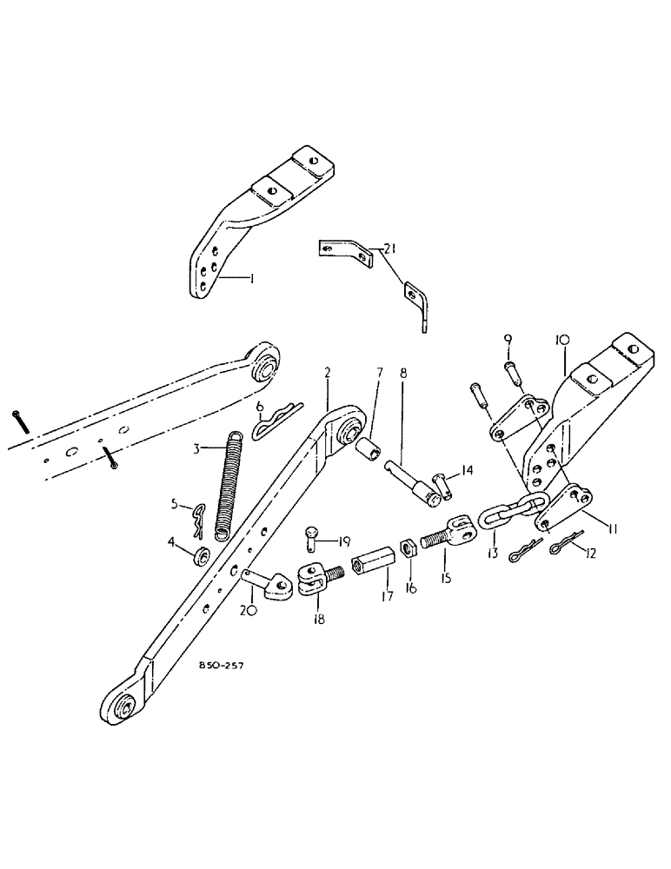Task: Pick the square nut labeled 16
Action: pyautogui.click(x=404, y=552)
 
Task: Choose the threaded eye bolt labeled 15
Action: pyautogui.click(x=442, y=537)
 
